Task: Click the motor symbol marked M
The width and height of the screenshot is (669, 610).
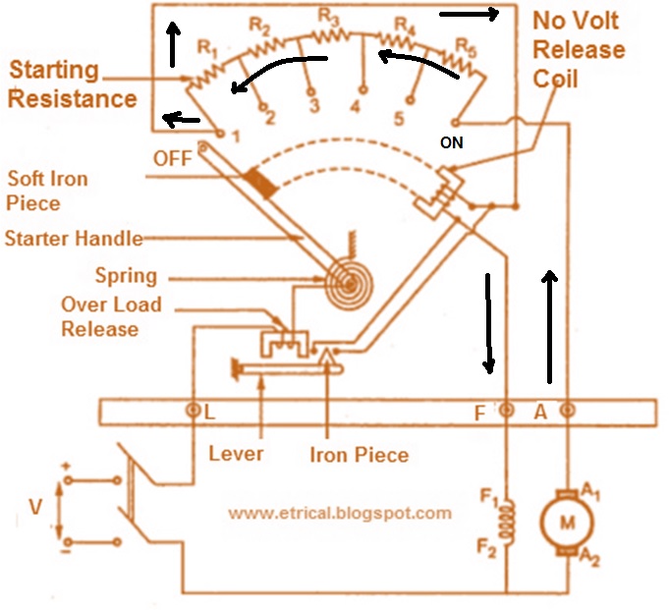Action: pos(566,523)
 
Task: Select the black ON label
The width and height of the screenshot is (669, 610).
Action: pos(451,141)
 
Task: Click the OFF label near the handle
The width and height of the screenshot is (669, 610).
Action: pos(172,158)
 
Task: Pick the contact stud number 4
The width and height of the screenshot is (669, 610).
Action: pos(362,105)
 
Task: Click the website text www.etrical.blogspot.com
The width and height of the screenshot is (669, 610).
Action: pos(340,513)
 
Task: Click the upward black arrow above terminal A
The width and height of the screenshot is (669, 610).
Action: pos(550,327)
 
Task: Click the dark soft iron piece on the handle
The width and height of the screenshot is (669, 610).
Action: pos(261,182)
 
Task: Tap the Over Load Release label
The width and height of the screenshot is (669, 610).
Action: pos(111,317)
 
